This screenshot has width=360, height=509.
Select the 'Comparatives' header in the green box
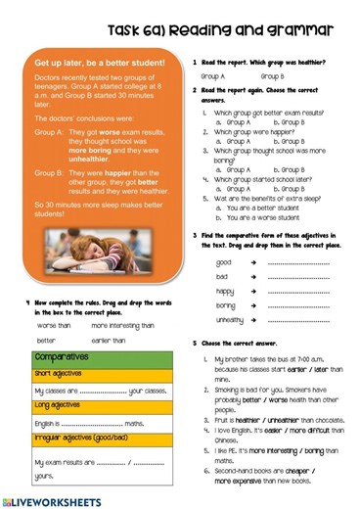tap(62, 357)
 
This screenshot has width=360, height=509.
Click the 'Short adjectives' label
tap(56, 373)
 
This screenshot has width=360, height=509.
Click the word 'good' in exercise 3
tap(224, 263)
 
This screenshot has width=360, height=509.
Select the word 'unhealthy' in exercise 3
tap(230, 319)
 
